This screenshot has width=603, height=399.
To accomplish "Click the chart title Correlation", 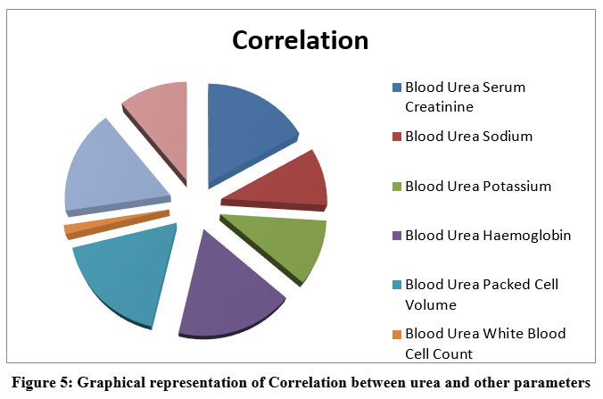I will (300, 40).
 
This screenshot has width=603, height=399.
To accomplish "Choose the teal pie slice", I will (125, 272).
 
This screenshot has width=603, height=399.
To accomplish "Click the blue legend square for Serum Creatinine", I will (397, 87).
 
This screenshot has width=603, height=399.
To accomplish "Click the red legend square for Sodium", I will (397, 137).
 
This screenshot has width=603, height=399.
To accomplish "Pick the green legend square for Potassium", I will (397, 187).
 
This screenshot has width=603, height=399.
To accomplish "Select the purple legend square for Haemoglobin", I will (397, 236).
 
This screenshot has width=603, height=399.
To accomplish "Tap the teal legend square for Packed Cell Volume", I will (397, 285).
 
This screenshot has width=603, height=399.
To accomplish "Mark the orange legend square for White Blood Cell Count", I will (397, 335).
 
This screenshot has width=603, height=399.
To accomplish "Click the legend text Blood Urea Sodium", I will (468, 137).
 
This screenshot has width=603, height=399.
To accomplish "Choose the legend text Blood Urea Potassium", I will (478, 187).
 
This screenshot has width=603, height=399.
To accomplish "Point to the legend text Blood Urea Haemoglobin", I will (487, 236).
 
